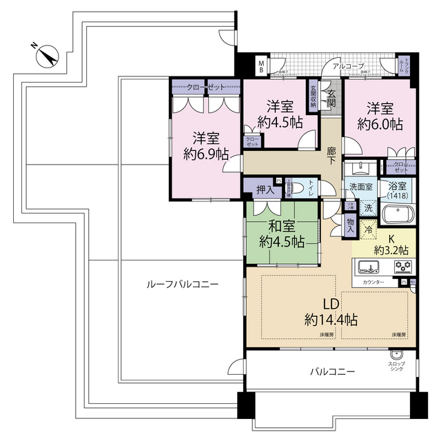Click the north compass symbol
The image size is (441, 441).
[x=46, y=55]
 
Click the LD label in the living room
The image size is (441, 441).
[x=331, y=302]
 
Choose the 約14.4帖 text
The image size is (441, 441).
[x=331, y=320]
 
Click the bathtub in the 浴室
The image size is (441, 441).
[x=399, y=213]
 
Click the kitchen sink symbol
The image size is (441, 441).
[x=367, y=267]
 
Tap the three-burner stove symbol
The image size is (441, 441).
[x=402, y=267]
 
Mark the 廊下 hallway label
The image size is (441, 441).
[x=331, y=153]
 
